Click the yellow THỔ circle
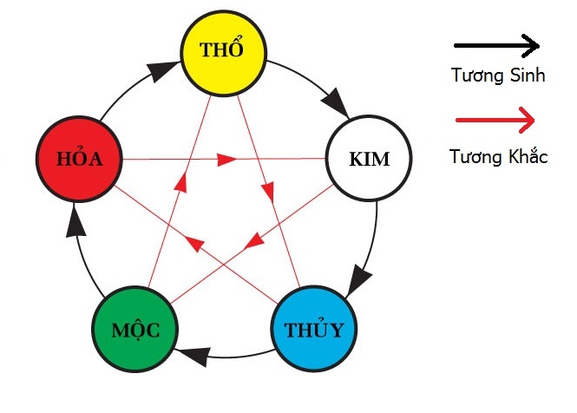click(223, 54)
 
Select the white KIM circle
click(369, 158)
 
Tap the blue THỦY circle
click(314, 329)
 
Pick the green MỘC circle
click(135, 329)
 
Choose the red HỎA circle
click(79, 159)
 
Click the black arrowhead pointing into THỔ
click(162, 70)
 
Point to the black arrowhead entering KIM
click(336, 102)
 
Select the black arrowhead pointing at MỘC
click(193, 357)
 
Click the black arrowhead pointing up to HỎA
click(75, 220)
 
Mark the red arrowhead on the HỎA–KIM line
click(226, 160)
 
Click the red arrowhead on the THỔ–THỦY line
click(268, 192)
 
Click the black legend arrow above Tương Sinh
click(497, 46)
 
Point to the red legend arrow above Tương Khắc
click(495, 120)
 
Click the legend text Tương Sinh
click(498, 75)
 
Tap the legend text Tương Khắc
click(499, 156)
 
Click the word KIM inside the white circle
click(369, 159)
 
